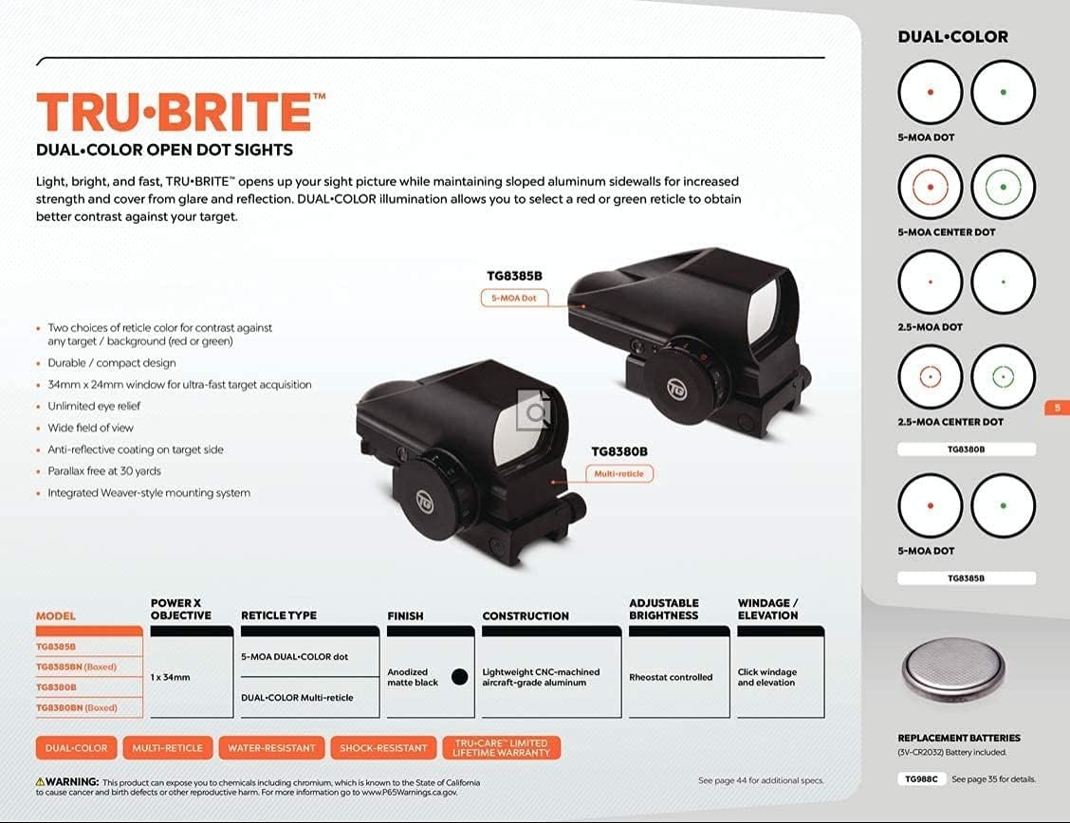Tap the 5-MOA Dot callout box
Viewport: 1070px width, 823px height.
(x=514, y=298)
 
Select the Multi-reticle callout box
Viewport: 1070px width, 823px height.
(x=618, y=473)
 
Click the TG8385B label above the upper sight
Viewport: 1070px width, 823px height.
(x=514, y=276)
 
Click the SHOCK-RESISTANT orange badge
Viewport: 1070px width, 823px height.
(x=383, y=748)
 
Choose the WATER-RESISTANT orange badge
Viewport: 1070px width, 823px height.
(x=271, y=748)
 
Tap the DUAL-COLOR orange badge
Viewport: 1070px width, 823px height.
(x=77, y=748)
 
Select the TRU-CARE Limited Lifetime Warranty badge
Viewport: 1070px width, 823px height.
(x=502, y=748)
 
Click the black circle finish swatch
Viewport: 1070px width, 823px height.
(x=460, y=677)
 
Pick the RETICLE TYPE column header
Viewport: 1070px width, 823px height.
(x=279, y=615)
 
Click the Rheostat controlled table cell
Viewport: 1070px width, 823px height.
(x=671, y=677)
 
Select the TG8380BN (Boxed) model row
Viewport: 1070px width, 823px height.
(x=77, y=707)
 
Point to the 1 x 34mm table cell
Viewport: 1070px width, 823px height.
(x=170, y=677)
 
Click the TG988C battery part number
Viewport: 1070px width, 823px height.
(x=921, y=778)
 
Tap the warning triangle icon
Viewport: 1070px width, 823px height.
(x=40, y=781)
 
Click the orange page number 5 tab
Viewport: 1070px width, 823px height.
(x=1058, y=408)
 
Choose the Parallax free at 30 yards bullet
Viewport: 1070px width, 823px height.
(x=104, y=471)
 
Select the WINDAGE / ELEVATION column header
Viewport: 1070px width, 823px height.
(x=767, y=609)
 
